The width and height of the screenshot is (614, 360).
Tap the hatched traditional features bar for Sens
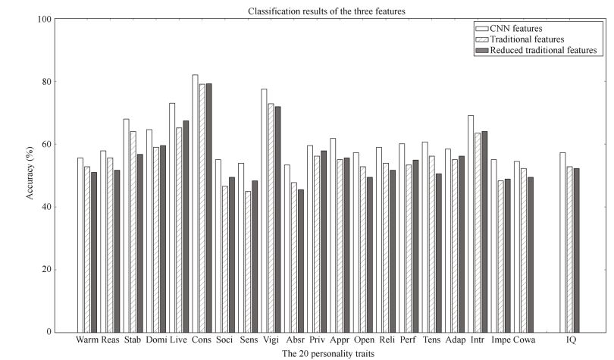(x=247, y=261)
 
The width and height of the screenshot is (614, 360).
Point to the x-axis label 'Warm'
(x=86, y=340)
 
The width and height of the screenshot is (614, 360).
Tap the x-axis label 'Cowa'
(x=525, y=340)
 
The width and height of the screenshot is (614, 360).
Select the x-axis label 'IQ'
(x=571, y=340)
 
